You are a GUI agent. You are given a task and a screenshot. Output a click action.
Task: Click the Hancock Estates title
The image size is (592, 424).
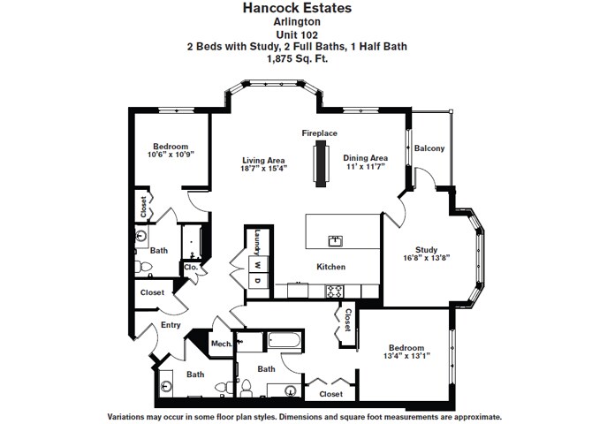pyautogui.click(x=296, y=8)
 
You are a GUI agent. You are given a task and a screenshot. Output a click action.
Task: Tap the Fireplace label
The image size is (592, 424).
pyautogui.click(x=319, y=132)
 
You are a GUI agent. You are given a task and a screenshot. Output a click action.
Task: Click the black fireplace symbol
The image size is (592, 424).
pyautogui.click(x=319, y=164)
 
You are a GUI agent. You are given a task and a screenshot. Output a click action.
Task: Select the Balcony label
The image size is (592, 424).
pyautogui.click(x=429, y=148)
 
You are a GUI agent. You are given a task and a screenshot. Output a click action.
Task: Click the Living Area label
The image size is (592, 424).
pyautogui.click(x=263, y=160)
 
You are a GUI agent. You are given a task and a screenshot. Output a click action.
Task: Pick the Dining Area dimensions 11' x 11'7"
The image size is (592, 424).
pyautogui.click(x=366, y=167)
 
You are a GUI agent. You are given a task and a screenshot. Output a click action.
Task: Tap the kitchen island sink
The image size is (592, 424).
pyautogui.click(x=336, y=239)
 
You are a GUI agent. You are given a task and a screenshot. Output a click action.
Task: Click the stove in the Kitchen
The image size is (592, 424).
pyautogui.click(x=336, y=290)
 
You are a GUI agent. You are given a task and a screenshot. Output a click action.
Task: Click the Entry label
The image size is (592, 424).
pyautogui.click(x=171, y=326)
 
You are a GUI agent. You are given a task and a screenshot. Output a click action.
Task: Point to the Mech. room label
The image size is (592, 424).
pyautogui.click(x=221, y=344)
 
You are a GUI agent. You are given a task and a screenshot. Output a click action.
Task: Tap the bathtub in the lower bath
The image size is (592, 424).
pyautogui.click(x=284, y=339)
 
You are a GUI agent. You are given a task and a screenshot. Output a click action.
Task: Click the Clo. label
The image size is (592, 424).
pyautogui.click(x=190, y=266)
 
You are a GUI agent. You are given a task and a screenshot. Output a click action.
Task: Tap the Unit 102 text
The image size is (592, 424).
pyautogui.click(x=296, y=34)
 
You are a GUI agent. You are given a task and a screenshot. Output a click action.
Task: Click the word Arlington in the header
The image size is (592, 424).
pyautogui.click(x=296, y=23)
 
